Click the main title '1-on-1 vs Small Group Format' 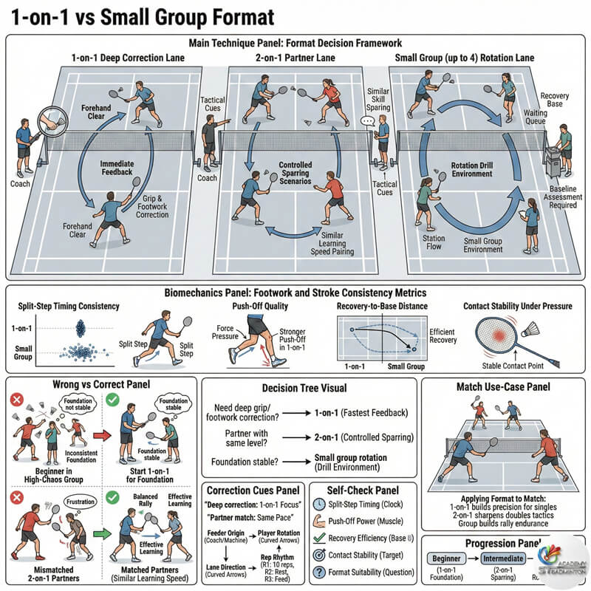point(140,16)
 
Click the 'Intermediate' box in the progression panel point(508,560)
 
